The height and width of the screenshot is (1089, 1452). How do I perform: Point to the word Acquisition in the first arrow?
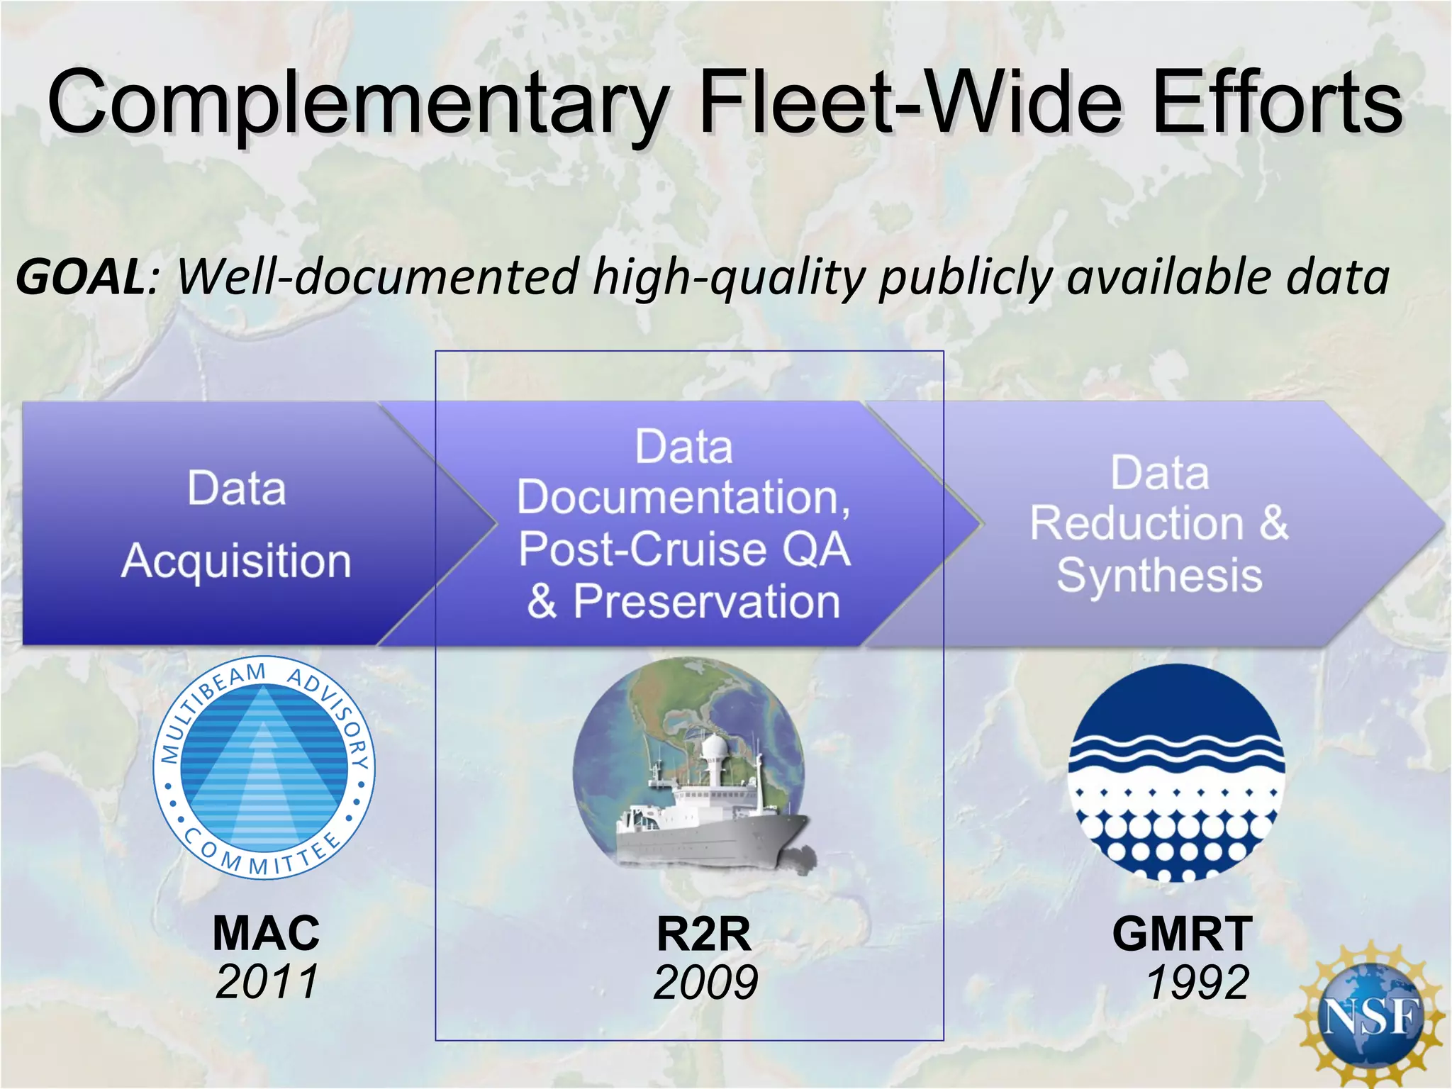point(236,561)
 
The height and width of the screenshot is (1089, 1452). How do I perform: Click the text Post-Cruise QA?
point(684,549)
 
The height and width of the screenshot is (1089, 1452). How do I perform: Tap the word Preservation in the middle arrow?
point(707,601)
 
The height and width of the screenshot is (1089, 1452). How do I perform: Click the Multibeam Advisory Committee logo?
point(264,768)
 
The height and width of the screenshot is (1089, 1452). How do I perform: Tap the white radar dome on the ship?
point(714,747)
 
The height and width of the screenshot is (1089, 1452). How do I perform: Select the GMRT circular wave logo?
point(1176,772)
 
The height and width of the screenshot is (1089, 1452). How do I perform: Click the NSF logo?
point(1370,1016)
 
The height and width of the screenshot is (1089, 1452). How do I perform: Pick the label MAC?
point(267,933)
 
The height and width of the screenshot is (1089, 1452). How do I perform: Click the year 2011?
point(267,982)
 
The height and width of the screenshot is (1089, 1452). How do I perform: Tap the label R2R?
point(703,934)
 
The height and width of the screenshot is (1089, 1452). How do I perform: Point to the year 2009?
point(705,983)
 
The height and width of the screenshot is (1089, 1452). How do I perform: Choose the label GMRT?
point(1182,934)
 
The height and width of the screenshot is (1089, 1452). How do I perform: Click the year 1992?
point(1197,983)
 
